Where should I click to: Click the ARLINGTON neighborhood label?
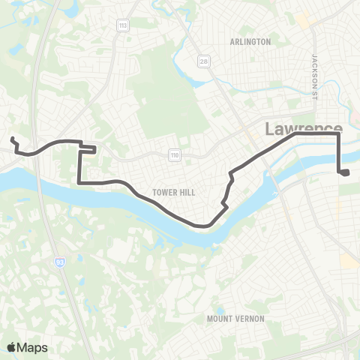pyautogui.click(x=250, y=42)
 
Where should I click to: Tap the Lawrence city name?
pyautogui.click(x=303, y=129)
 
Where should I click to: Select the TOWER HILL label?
pyautogui.click(x=174, y=193)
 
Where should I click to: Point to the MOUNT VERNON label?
pyautogui.click(x=235, y=319)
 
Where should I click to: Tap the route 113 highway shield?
pyautogui.click(x=121, y=26)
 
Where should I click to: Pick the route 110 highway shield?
pyautogui.click(x=174, y=154)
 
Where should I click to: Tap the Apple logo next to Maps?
pyautogui.click(x=12, y=346)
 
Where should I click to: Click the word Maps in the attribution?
pyautogui.click(x=34, y=346)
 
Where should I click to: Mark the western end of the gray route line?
pyautogui.click(x=12, y=138)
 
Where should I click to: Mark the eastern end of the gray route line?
pyautogui.click(x=347, y=173)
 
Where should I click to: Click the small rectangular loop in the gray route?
pyautogui.click(x=88, y=148)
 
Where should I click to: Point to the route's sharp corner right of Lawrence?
pyautogui.click(x=339, y=136)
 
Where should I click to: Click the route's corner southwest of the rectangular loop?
pyautogui.click(x=79, y=181)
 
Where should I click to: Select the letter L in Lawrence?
pyautogui.click(x=269, y=130)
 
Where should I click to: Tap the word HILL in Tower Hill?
pyautogui.click(x=187, y=193)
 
